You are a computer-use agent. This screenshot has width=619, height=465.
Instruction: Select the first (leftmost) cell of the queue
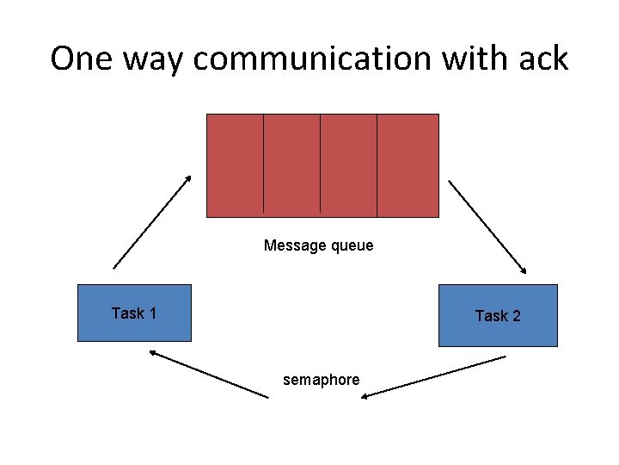pyautogui.click(x=235, y=164)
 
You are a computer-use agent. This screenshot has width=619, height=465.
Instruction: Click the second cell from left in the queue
pyautogui.click(x=291, y=164)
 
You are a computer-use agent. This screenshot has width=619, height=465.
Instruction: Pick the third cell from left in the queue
pyautogui.click(x=348, y=164)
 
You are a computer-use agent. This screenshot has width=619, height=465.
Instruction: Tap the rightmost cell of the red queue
pyautogui.click(x=408, y=164)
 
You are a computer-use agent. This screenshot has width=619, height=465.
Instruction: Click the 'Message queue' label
pyautogui.click(x=318, y=245)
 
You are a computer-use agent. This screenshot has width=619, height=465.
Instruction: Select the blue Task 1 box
pyautogui.click(x=134, y=313)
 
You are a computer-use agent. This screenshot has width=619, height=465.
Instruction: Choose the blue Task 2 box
pyautogui.click(x=498, y=315)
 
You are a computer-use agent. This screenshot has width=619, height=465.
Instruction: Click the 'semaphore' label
pyautogui.click(x=322, y=380)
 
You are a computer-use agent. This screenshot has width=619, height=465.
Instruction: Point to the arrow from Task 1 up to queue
pyautogui.click(x=152, y=221)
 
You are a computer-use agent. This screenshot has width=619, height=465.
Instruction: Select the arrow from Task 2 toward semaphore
pyautogui.click(x=433, y=376)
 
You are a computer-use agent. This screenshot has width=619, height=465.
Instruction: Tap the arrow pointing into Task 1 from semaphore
pyautogui.click(x=208, y=373)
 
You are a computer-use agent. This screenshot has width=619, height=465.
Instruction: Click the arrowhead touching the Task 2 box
pyautogui.click(x=524, y=267)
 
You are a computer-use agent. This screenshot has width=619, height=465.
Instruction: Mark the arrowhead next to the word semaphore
pyautogui.click(x=366, y=395)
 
